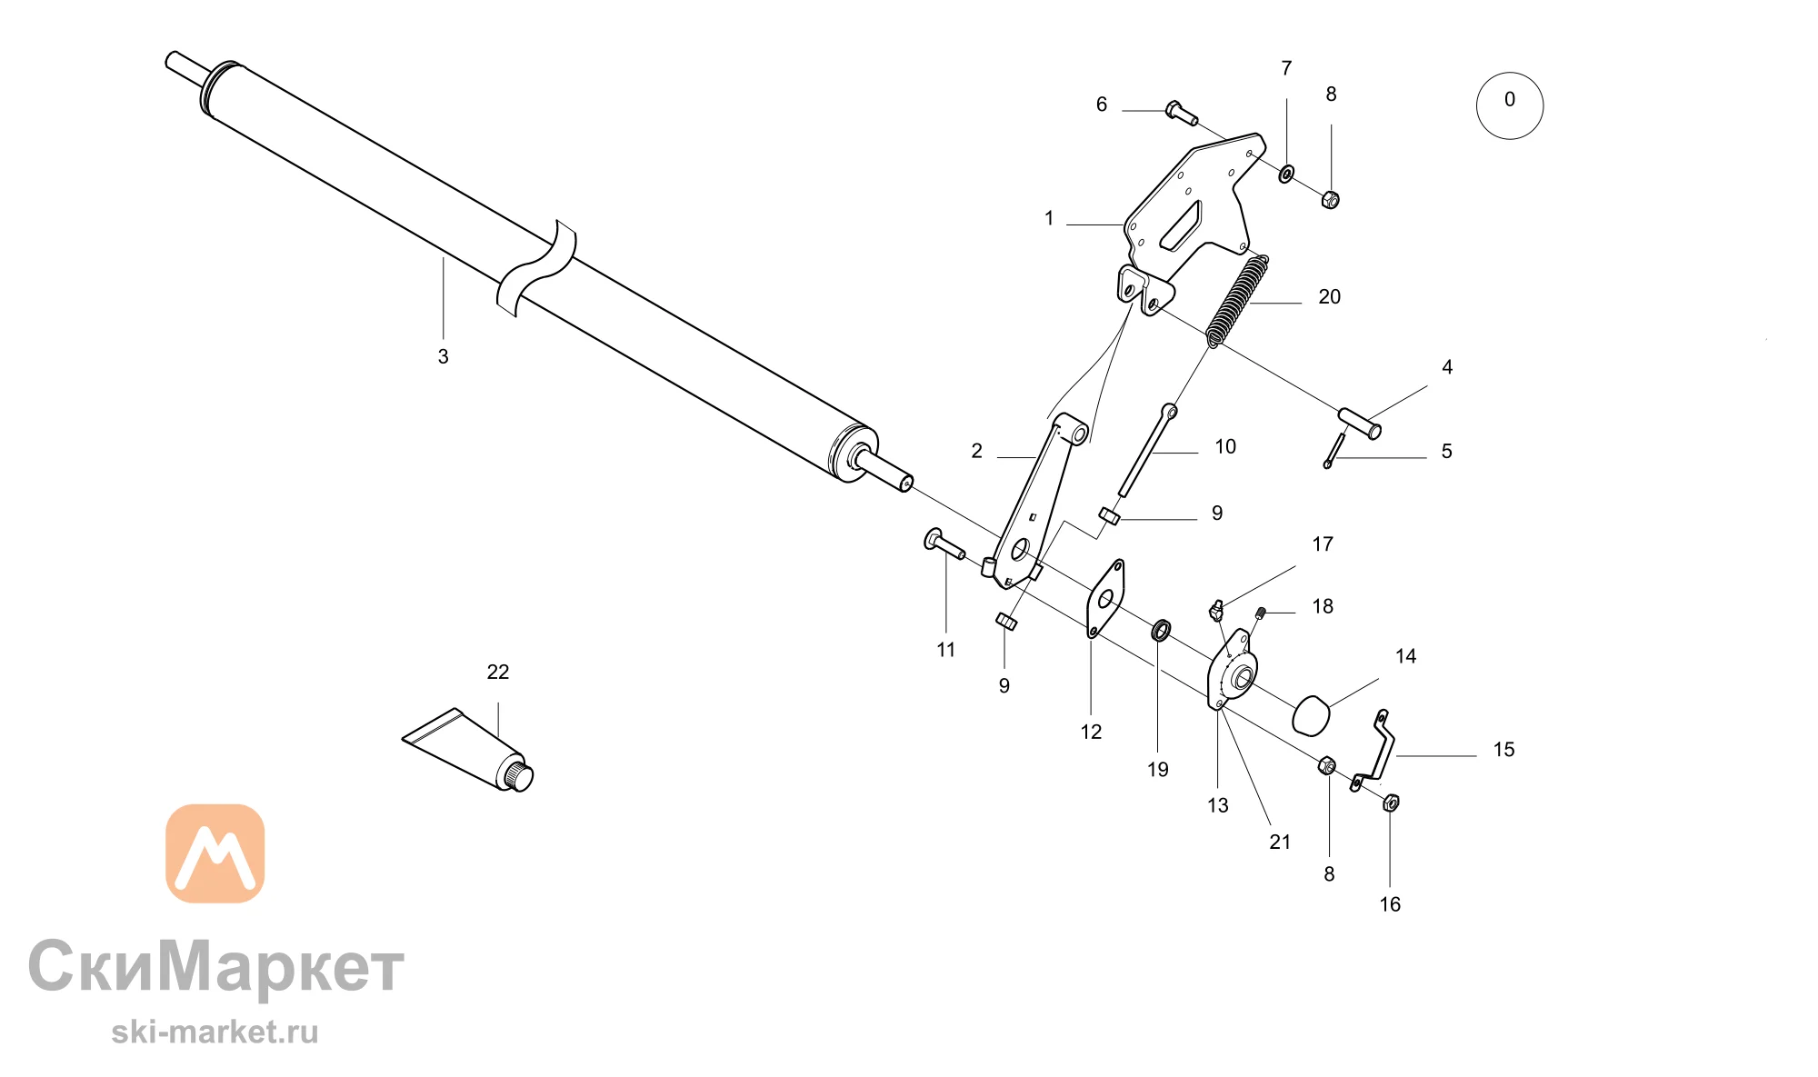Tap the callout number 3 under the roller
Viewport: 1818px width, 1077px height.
click(444, 356)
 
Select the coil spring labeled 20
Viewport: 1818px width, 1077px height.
click(1238, 301)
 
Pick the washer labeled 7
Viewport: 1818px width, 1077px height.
click(1286, 173)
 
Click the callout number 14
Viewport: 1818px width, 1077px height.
click(1405, 656)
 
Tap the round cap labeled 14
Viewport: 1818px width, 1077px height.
click(1311, 715)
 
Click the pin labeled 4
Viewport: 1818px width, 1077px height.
click(1360, 424)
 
